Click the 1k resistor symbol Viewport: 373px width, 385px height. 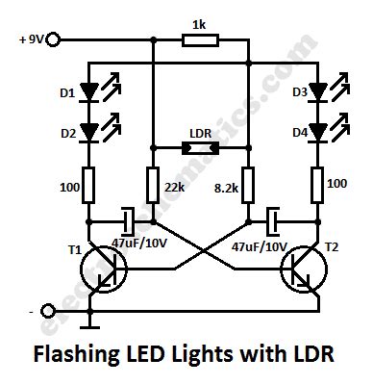pyautogui.click(x=200, y=39)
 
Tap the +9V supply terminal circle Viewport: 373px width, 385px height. pyautogui.click(x=54, y=39)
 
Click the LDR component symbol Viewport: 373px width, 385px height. pyautogui.click(x=200, y=149)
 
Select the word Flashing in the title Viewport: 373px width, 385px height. pyautogui.click(x=75, y=354)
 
